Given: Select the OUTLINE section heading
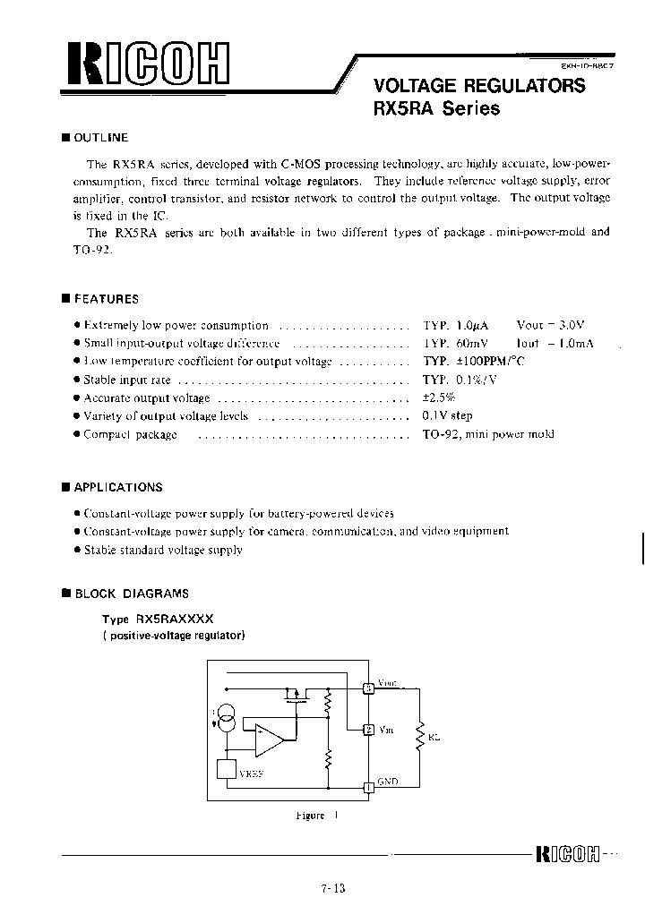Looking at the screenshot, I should coord(100,138).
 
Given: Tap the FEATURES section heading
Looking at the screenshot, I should coord(105,299).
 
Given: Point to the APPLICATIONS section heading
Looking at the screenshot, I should coord(117,487).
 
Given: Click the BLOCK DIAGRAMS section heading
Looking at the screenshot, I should coord(131,593).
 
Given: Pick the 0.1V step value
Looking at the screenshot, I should coord(447,415).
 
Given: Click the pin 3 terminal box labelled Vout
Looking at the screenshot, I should coord(367,688).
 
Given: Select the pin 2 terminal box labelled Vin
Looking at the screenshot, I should coord(367,730).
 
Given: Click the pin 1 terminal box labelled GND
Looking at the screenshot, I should coord(367,788).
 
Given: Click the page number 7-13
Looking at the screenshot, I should coord(331,888).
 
